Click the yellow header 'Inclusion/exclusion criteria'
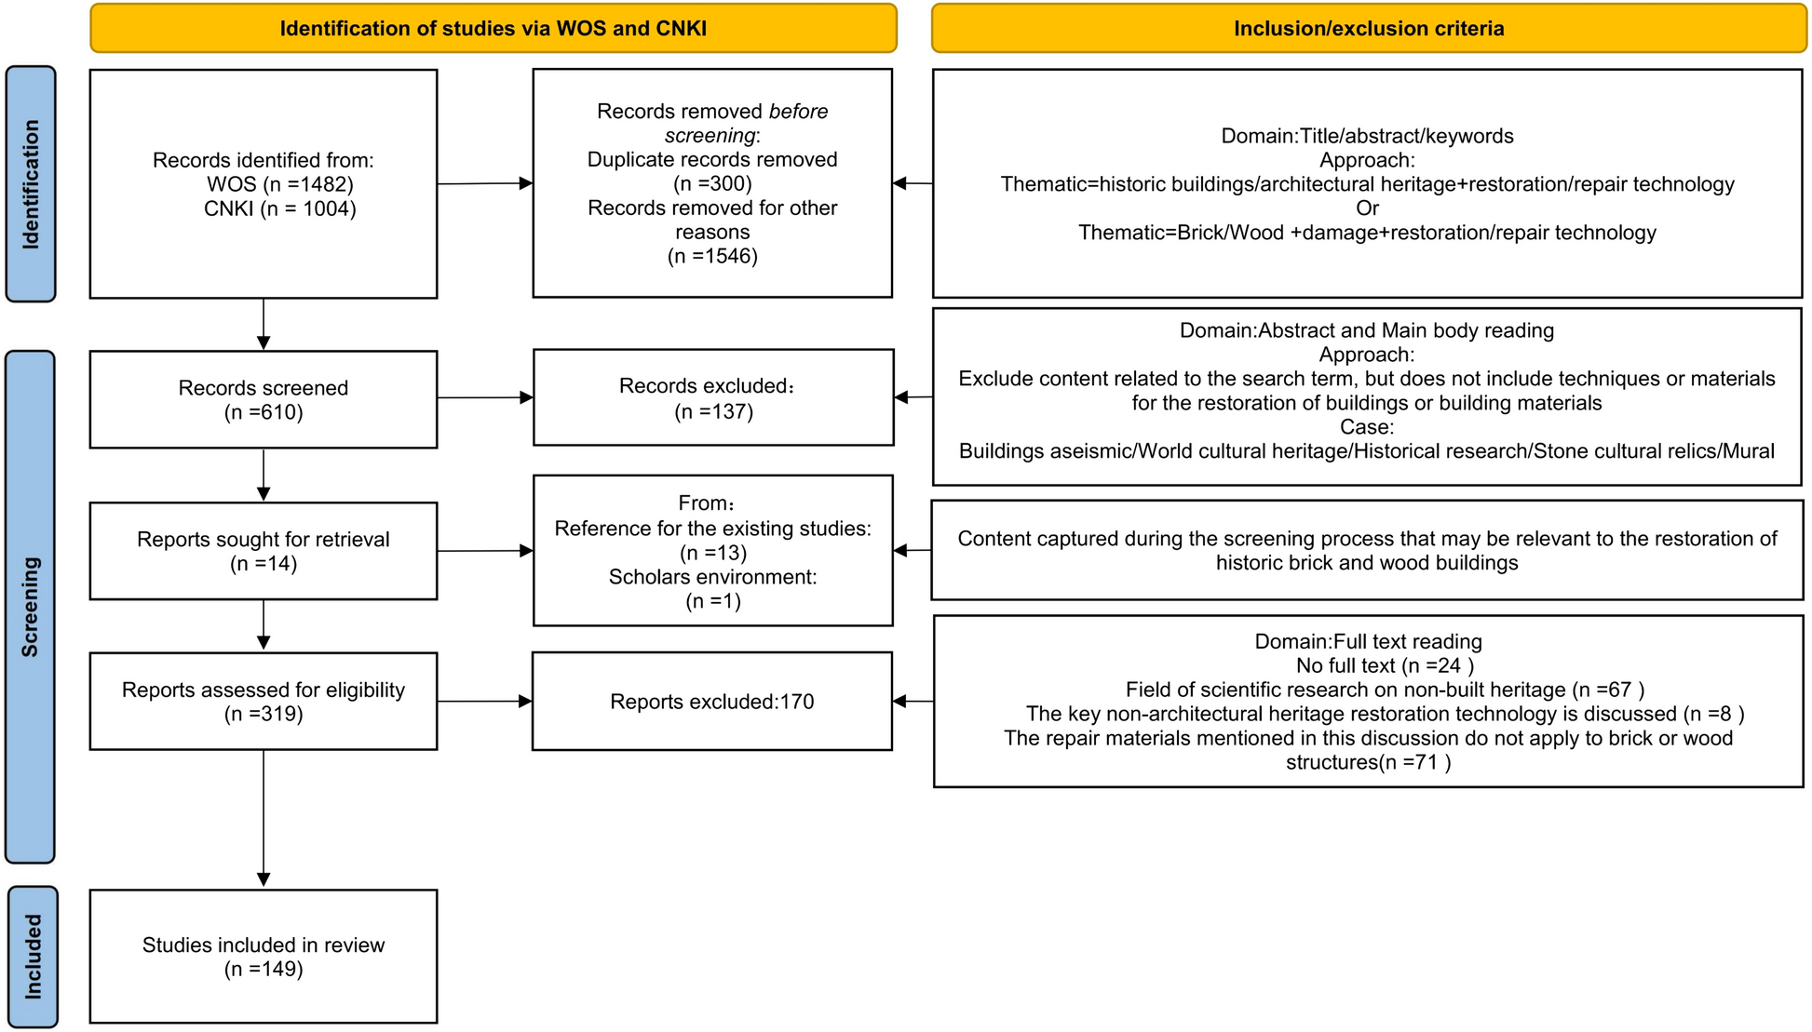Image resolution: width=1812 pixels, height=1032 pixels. pyautogui.click(x=1368, y=28)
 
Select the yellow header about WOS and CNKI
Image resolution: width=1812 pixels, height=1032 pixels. pyautogui.click(x=493, y=28)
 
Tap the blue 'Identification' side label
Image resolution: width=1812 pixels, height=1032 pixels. pyautogui.click(x=31, y=184)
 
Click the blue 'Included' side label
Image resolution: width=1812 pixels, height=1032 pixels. pyautogui.click(x=33, y=956)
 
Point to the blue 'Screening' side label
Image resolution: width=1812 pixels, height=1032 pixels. pyautogui.click(x=31, y=607)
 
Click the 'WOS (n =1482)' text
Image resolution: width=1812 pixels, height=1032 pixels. pyautogui.click(x=280, y=184)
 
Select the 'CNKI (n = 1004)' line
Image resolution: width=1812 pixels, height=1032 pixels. pyautogui.click(x=280, y=208)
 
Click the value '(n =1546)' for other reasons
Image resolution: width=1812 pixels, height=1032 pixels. pyautogui.click(x=712, y=256)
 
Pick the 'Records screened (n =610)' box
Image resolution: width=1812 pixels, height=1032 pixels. pyautogui.click(x=264, y=399)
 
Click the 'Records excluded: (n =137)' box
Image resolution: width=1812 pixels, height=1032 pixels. pyautogui.click(x=712, y=397)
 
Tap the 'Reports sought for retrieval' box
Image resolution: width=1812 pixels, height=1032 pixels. pyautogui.click(x=264, y=551)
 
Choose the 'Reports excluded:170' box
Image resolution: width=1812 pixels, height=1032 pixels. pyautogui.click(x=712, y=701)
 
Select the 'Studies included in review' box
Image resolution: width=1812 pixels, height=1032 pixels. pyautogui.click(x=264, y=956)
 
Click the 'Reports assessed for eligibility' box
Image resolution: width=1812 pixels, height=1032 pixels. pyautogui.click(x=264, y=701)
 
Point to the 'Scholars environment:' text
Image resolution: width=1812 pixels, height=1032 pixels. pyautogui.click(x=712, y=577)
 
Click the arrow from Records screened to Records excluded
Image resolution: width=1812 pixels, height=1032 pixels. pyautogui.click(x=484, y=398)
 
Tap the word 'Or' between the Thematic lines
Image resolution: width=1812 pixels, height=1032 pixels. pyautogui.click(x=1367, y=208)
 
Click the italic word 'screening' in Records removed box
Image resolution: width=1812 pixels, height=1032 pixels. pyautogui.click(x=710, y=136)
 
